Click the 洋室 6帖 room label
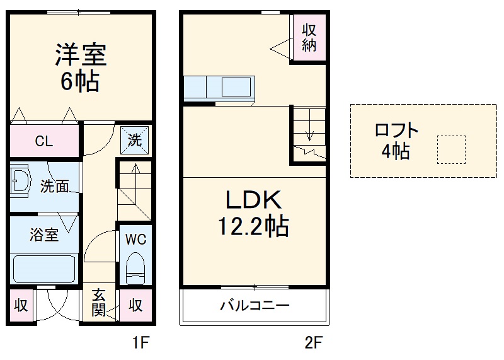[80, 67]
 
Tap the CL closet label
[43, 141]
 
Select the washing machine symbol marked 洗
[134, 140]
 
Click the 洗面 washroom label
[54, 187]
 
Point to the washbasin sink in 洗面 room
[21, 182]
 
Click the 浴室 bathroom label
[44, 235]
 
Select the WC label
[135, 240]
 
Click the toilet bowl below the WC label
[135, 269]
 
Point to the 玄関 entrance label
[98, 303]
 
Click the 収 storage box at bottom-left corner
[21, 306]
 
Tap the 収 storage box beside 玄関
[135, 306]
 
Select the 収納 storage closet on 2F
[308, 37]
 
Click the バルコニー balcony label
[254, 306]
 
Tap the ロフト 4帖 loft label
[396, 141]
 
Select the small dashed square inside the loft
[451, 149]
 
